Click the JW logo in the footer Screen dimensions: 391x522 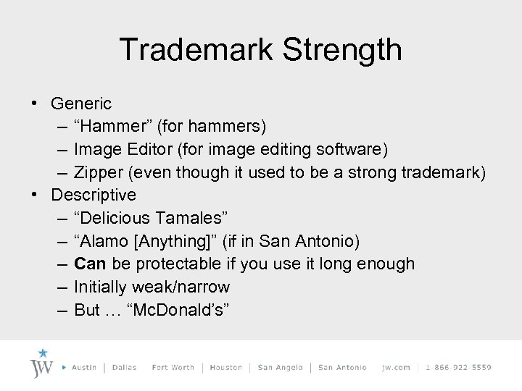[x=42, y=363]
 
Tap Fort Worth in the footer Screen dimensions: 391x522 [x=173, y=367]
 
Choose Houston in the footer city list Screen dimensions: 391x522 [x=225, y=367]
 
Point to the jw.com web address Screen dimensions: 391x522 [x=395, y=367]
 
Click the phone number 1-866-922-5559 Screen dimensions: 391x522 [x=458, y=367]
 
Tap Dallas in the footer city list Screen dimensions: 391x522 [x=124, y=367]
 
